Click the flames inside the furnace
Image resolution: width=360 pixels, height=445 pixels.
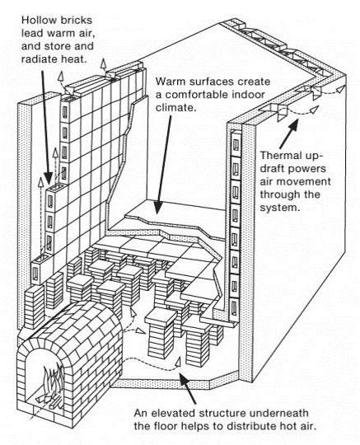pos(54,380)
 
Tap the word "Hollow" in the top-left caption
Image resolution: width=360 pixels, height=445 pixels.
pos(38,21)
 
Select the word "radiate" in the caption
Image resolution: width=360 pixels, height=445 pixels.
pos(40,59)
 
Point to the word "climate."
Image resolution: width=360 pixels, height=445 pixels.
pos(176,108)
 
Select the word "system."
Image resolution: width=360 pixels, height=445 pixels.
pos(280,208)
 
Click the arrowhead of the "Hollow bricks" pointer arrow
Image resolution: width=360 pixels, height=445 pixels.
pos(49,178)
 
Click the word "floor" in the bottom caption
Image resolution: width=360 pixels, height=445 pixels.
pos(166,426)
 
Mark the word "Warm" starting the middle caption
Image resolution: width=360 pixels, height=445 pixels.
pos(171,82)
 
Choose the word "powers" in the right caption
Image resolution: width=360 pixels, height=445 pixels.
pos(310,169)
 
